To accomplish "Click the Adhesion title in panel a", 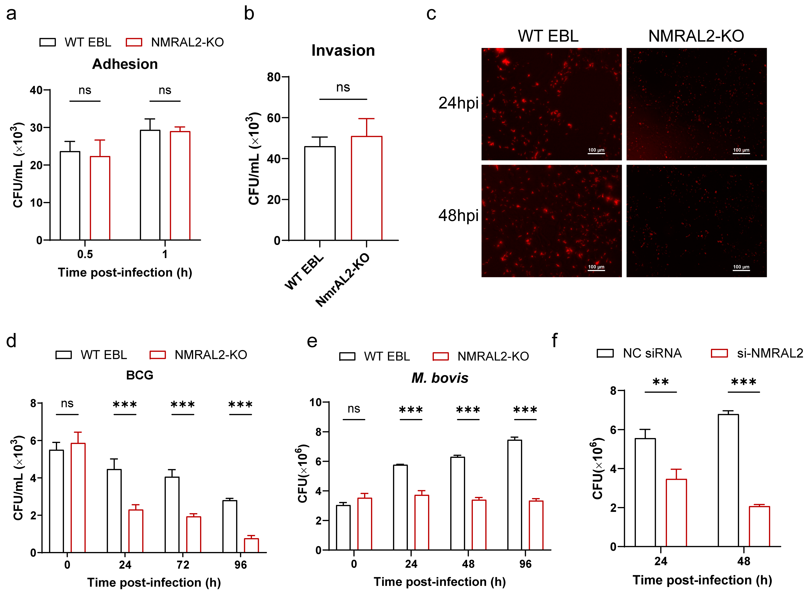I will click(x=125, y=64).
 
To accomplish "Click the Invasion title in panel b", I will click(x=343, y=51).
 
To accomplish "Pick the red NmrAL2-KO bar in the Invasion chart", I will click(x=366, y=188).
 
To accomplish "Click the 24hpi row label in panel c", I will click(x=458, y=103).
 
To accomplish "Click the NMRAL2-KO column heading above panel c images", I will click(x=696, y=36).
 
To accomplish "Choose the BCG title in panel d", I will click(x=139, y=375).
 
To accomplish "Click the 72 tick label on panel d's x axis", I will click(x=183, y=565).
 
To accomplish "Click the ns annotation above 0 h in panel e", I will click(x=354, y=409).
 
